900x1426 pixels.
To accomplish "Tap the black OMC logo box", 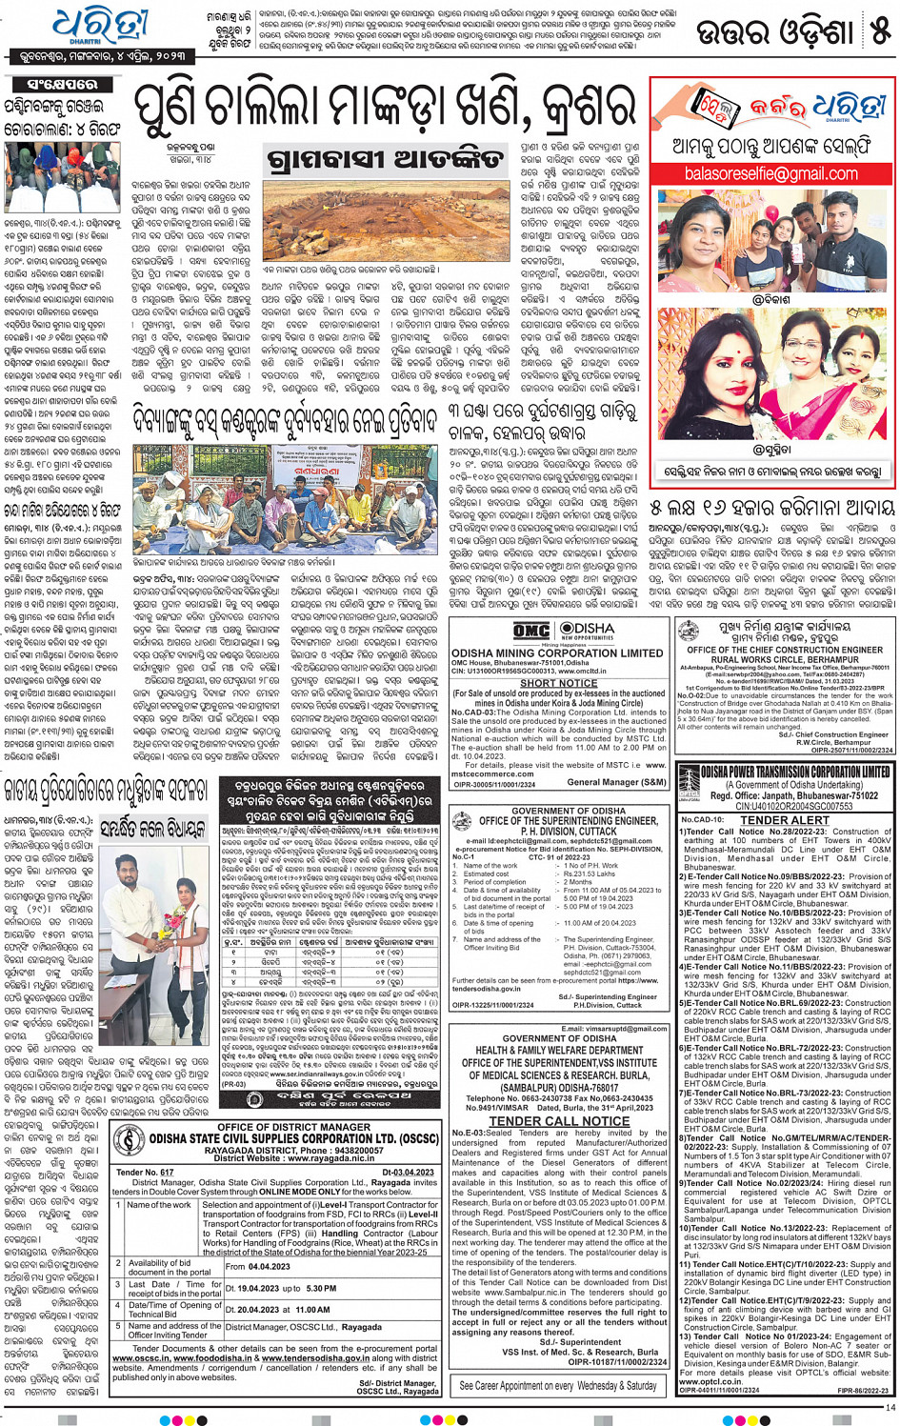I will tap(531, 631).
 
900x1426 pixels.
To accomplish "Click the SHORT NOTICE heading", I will tap(558, 683).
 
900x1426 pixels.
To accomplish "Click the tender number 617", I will tap(167, 1173).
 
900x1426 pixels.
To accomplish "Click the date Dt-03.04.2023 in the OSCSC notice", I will tap(408, 1173).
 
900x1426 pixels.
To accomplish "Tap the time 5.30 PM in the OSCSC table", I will tap(321, 1288).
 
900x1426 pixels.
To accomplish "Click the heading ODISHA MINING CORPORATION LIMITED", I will tap(558, 653).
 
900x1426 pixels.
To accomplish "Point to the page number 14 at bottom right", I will tap(890, 1407).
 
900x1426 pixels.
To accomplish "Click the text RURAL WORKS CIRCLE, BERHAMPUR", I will tap(785, 659).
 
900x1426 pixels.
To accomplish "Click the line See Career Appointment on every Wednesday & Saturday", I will tap(558, 1385).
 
